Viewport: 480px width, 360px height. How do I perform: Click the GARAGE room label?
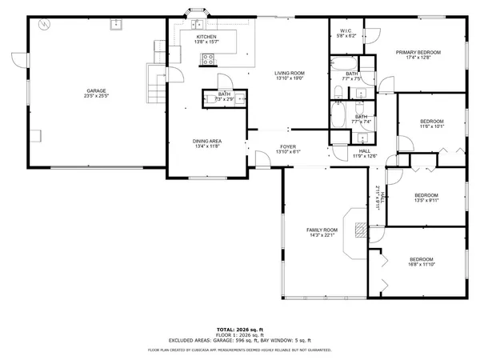97,90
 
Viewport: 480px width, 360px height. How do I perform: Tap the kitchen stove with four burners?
210,57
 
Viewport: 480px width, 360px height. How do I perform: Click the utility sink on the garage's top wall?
117,24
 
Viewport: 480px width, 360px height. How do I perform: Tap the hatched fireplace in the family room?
360,232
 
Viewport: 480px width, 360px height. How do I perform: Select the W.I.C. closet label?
345,31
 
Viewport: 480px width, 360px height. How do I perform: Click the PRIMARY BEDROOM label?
418,52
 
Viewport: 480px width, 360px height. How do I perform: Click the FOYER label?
286,146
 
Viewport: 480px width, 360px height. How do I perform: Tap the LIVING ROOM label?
290,73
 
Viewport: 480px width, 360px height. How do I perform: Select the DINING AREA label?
206,141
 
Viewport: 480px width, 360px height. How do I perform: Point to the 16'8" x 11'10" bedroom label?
421,258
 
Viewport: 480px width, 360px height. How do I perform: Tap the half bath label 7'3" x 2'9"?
224,96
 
